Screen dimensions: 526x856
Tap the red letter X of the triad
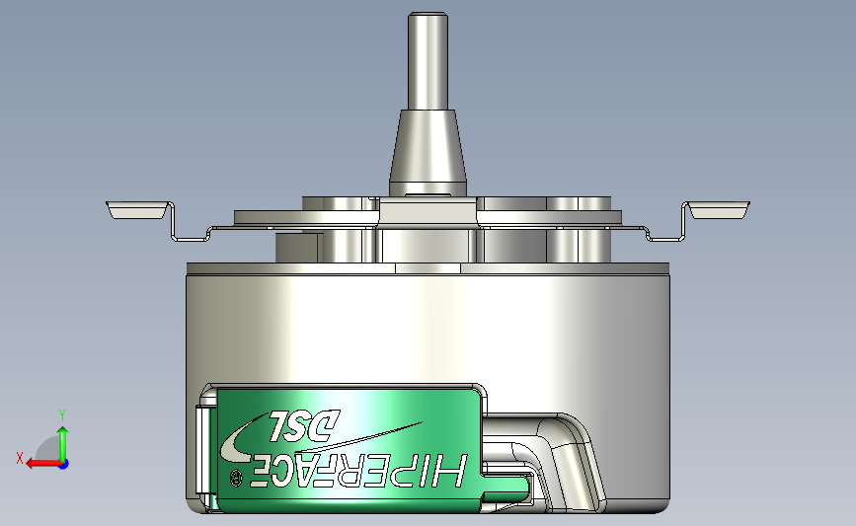coord(19,458)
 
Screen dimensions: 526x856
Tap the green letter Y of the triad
coord(62,414)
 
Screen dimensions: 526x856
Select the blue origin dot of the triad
coord(63,464)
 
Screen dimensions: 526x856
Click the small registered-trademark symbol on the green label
coord(235,478)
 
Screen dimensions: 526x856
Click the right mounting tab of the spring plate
coord(718,209)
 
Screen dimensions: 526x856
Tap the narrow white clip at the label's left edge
coord(203,454)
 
